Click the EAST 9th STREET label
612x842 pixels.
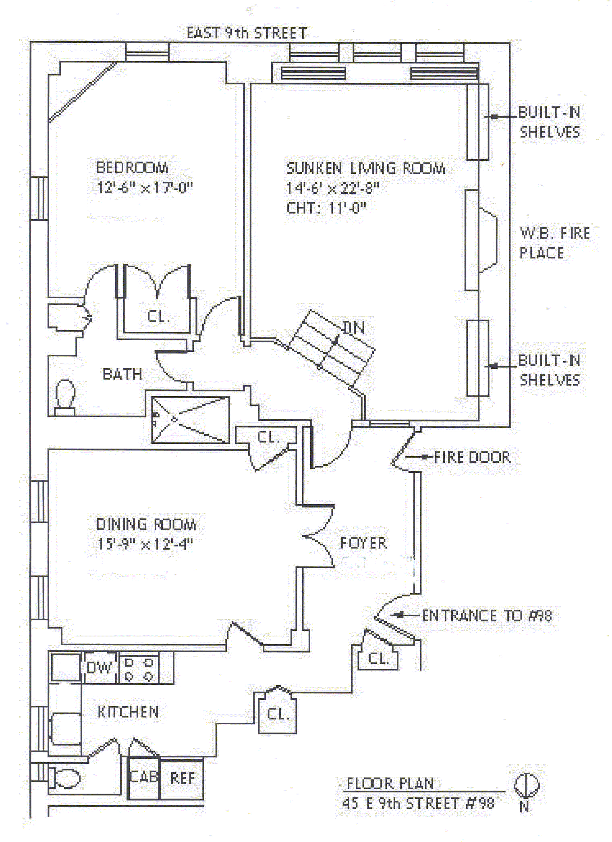pyautogui.click(x=247, y=33)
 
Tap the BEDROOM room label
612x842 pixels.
pyautogui.click(x=132, y=168)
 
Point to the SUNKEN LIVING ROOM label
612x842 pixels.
pyautogui.click(x=365, y=168)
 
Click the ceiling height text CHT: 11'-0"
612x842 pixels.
pyautogui.click(x=326, y=208)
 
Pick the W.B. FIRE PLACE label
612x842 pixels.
pyautogui.click(x=554, y=243)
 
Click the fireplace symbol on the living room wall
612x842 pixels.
pyautogui.click(x=487, y=241)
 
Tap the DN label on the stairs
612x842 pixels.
pyautogui.click(x=354, y=328)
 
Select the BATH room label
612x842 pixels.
pyautogui.click(x=122, y=374)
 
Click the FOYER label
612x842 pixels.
pyautogui.click(x=363, y=543)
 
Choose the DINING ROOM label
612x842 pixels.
pyautogui.click(x=146, y=524)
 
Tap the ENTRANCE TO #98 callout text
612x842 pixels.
pyautogui.click(x=487, y=615)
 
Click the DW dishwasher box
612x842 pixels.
pyautogui.click(x=99, y=667)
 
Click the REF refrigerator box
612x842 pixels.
pyautogui.click(x=183, y=778)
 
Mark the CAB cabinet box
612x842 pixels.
pyautogui.click(x=143, y=778)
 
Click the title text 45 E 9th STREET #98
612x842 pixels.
pyautogui.click(x=418, y=803)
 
